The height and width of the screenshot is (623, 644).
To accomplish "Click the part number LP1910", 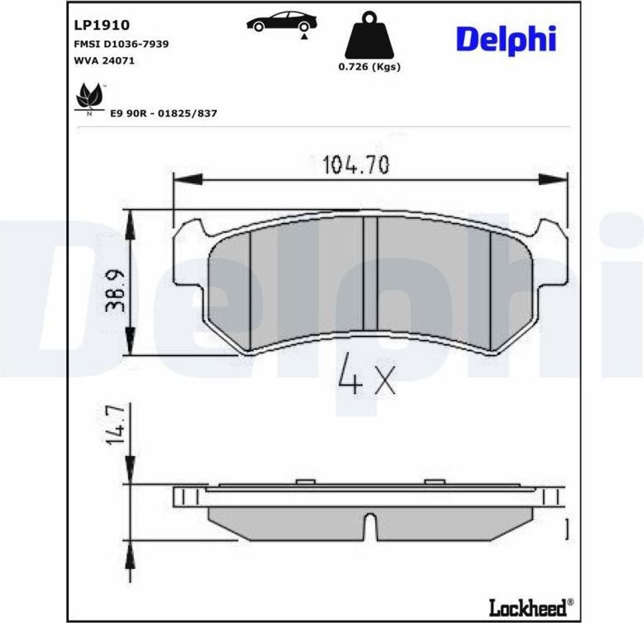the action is click(101, 25).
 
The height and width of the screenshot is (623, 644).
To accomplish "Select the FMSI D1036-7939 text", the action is click(121, 44).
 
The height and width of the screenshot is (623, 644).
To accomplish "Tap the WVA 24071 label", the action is click(104, 61).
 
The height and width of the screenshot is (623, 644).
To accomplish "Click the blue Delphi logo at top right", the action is click(506, 40).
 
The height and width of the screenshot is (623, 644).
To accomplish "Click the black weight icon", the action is click(369, 35).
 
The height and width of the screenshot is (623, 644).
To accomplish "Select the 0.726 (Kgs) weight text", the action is click(369, 67).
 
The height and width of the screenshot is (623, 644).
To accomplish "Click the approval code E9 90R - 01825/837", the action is click(164, 113).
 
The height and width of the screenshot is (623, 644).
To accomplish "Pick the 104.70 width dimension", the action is click(356, 165).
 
